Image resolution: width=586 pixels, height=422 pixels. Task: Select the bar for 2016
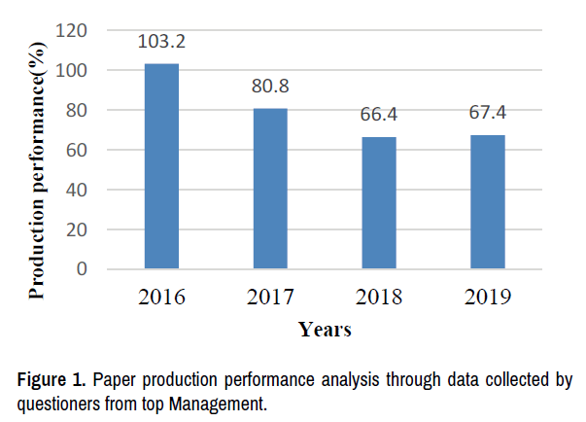pyautogui.click(x=161, y=165)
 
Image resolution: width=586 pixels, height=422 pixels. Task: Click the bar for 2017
pyautogui.click(x=270, y=188)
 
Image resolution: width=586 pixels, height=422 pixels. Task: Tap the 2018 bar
pyautogui.click(x=379, y=202)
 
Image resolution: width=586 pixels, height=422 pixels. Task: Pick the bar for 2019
pyautogui.click(x=488, y=201)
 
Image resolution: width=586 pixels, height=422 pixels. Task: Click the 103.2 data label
pyautogui.click(x=161, y=43)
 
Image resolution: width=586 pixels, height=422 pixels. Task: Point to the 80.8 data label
pyautogui.click(x=270, y=86)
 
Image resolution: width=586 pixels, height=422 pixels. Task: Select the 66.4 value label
pyautogui.click(x=379, y=116)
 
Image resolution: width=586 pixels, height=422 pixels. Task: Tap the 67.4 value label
pyautogui.click(x=488, y=113)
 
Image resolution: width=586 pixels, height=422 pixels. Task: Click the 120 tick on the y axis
pyautogui.click(x=76, y=31)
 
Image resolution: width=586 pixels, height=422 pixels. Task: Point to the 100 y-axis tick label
pyautogui.click(x=76, y=71)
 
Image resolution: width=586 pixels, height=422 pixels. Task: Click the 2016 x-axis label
pyautogui.click(x=161, y=297)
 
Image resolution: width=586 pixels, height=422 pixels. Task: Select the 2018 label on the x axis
pyautogui.click(x=379, y=297)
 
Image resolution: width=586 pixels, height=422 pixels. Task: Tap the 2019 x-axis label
pyautogui.click(x=488, y=297)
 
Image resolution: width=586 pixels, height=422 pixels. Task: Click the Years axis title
pyautogui.click(x=325, y=330)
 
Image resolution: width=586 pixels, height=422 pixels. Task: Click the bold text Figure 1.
pyautogui.click(x=46, y=379)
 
